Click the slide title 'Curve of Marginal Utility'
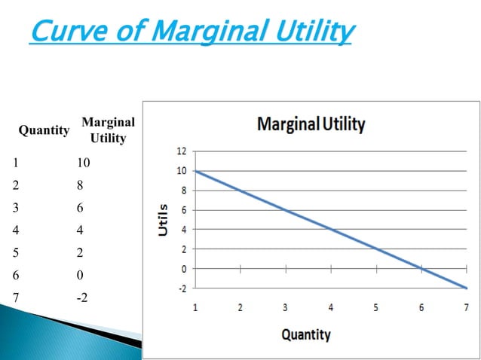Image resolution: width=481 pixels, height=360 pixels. (191, 32)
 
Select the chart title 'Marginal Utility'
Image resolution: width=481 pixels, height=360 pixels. (311, 124)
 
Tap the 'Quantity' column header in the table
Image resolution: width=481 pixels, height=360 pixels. (44, 130)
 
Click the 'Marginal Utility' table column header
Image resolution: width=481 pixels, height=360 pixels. (108, 130)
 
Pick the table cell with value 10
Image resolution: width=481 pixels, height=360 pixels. (83, 163)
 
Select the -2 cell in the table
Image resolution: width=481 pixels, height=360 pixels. (82, 297)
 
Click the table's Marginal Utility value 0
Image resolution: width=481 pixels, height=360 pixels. (81, 275)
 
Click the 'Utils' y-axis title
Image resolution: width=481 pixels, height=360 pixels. (163, 219)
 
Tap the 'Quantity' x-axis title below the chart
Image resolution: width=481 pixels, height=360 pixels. (305, 334)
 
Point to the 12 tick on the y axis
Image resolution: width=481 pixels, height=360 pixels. (181, 152)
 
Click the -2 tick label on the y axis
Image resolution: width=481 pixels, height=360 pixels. (182, 288)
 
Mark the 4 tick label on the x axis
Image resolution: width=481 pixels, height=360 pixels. (331, 308)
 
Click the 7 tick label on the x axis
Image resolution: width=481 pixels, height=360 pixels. (466, 308)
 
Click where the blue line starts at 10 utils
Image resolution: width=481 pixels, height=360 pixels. (196, 171)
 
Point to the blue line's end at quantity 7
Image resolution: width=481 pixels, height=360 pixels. (466, 288)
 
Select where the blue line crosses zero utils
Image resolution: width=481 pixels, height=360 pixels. (421, 268)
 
